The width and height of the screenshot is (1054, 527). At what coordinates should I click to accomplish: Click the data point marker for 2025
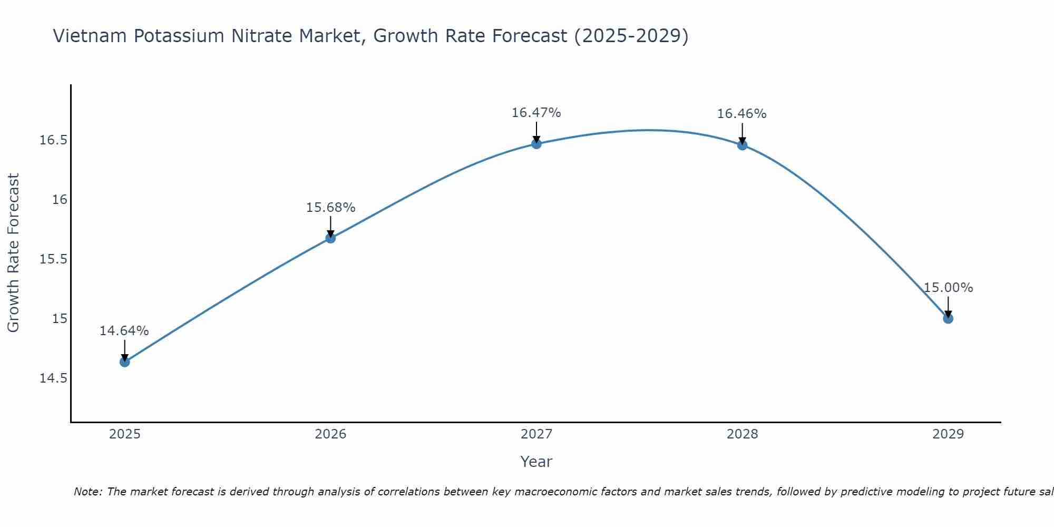(x=124, y=362)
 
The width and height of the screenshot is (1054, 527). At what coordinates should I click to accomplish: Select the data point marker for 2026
(x=330, y=238)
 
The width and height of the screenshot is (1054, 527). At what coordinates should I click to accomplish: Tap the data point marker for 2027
(x=536, y=143)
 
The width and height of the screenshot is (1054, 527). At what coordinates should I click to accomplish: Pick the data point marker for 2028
(x=742, y=145)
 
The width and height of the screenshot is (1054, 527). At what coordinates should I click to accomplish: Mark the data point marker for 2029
(x=948, y=318)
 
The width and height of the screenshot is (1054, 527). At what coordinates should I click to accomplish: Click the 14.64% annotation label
(x=124, y=331)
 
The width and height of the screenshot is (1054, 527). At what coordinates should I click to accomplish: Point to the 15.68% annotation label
(x=330, y=208)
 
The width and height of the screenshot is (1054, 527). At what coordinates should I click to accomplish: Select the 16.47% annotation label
(x=536, y=113)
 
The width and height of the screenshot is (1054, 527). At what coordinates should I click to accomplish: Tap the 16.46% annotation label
(x=742, y=114)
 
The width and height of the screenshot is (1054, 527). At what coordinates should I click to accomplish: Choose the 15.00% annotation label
(x=948, y=288)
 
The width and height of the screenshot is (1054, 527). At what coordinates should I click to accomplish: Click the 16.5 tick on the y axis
(x=53, y=140)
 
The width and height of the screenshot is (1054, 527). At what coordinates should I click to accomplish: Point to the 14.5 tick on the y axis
(x=53, y=378)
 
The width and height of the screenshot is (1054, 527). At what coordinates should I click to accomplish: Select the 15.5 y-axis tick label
(x=53, y=259)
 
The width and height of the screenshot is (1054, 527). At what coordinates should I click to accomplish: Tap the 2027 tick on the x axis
(x=536, y=434)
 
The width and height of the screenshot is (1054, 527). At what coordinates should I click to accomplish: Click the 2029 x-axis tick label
(x=948, y=434)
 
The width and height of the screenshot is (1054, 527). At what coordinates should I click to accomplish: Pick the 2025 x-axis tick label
(x=124, y=434)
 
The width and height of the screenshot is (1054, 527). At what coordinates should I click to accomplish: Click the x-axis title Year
(x=536, y=462)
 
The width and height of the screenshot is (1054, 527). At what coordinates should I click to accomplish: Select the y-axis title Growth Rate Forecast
(x=13, y=253)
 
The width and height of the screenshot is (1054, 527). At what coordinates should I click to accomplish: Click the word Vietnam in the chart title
(x=90, y=36)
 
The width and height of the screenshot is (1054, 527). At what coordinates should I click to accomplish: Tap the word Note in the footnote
(x=88, y=492)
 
